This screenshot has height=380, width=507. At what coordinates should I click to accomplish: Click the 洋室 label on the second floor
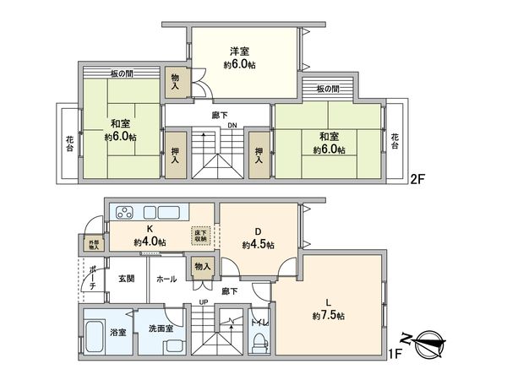point(244,51)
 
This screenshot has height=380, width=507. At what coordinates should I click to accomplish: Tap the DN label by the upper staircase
point(232,128)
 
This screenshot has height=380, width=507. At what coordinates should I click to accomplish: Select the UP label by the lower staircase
point(204,301)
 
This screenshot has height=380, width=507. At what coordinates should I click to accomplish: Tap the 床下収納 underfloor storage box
point(200,235)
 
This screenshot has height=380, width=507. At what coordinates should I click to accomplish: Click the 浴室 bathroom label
point(96,331)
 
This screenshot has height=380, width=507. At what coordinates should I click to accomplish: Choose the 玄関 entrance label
point(127,279)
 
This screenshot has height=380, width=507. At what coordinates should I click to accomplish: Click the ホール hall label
point(166,279)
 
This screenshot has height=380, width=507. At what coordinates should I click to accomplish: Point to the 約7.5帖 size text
point(327,315)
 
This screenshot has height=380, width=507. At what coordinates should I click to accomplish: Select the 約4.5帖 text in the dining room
point(257,245)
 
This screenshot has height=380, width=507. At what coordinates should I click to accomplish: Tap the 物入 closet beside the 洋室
point(177,82)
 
